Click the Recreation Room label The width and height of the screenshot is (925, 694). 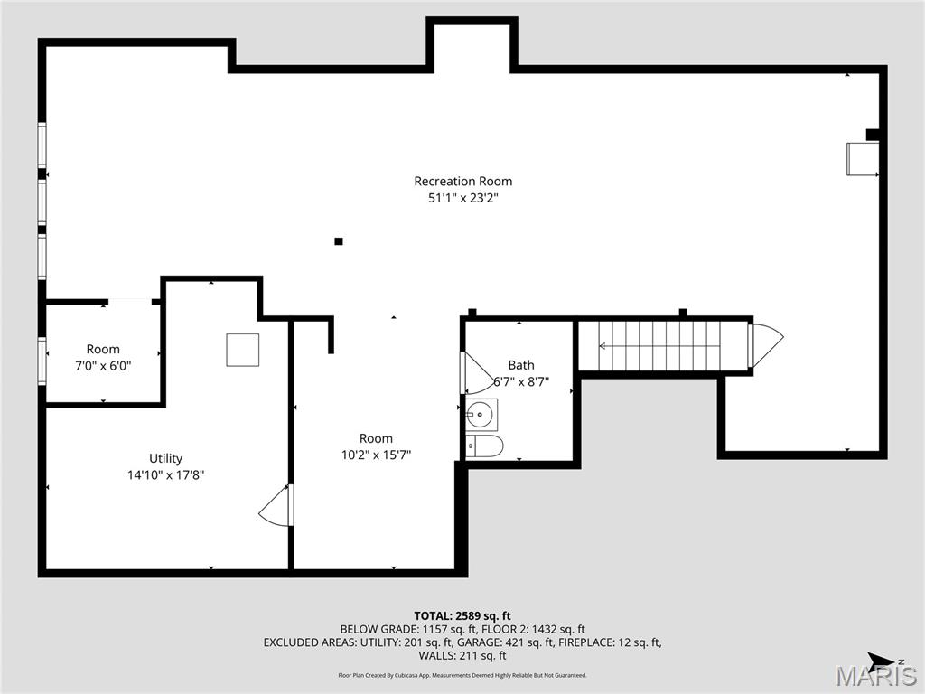463,181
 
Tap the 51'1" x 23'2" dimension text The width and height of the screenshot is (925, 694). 463,198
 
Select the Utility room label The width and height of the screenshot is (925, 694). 166,458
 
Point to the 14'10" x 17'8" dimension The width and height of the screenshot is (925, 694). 166,474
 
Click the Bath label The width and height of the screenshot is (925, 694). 521,365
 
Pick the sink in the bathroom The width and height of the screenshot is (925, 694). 481,415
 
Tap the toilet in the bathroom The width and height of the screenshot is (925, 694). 484,446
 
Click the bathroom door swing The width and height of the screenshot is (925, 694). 478,372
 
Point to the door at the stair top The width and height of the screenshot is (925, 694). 766,346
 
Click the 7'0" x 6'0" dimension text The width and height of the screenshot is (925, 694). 103,366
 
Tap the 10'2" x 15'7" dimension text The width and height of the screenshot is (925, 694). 376,455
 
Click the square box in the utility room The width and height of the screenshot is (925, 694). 242,350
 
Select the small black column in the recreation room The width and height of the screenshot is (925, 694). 339,240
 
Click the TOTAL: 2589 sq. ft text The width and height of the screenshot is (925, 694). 462,616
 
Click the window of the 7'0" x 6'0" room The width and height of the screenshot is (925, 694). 42,361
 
